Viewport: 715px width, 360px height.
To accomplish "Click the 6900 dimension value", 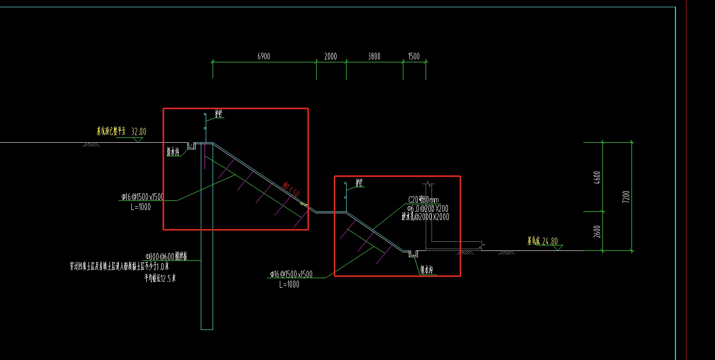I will tap(263, 56).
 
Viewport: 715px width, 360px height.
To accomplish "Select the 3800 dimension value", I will tap(374, 56).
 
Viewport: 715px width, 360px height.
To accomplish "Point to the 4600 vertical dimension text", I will tap(597, 177).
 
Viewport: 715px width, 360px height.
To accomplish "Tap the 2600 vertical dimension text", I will tap(597, 231).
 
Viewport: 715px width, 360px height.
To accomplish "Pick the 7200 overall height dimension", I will tap(626, 196).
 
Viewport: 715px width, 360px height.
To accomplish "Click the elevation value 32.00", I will tap(139, 132).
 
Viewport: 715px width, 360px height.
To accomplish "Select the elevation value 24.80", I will tap(550, 241).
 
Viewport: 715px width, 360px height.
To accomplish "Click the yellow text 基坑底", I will tap(533, 241).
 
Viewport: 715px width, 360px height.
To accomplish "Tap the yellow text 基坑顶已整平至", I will tap(111, 131).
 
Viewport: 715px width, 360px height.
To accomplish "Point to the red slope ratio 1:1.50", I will tap(291, 190).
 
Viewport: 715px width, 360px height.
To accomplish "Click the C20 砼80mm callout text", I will tap(423, 200).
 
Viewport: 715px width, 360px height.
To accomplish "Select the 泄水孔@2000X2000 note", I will tap(425, 217).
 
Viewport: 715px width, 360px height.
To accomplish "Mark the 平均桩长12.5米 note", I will tap(160, 278).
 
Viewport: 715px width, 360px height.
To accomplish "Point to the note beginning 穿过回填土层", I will tap(119, 266).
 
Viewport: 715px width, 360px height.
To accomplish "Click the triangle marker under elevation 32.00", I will tap(138, 140).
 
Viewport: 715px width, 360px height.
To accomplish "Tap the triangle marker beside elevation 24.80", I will tap(558, 248).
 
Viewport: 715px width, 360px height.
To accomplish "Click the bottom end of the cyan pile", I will tap(207, 329).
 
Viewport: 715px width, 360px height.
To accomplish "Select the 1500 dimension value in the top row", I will tap(413, 56).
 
